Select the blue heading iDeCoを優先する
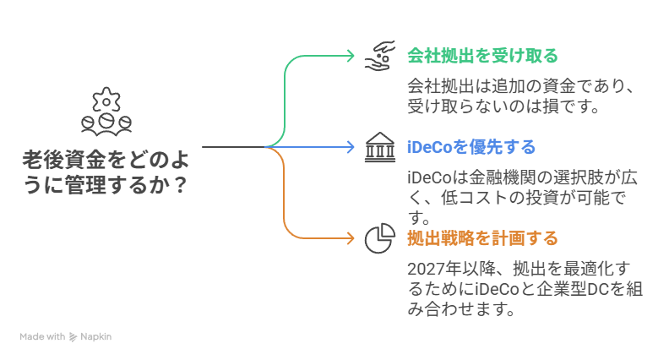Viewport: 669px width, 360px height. [x=470, y=147]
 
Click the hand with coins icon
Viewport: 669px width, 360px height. [x=380, y=56]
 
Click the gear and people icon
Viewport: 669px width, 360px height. [x=106, y=113]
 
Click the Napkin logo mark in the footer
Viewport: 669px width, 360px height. [x=73, y=336]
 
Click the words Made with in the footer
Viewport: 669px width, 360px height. [x=43, y=336]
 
